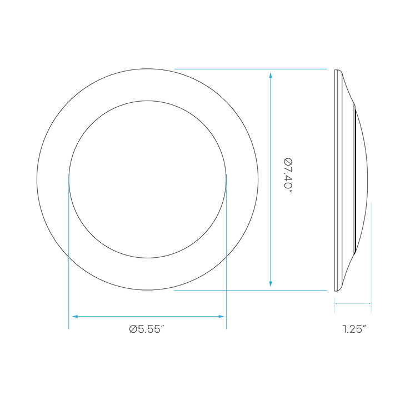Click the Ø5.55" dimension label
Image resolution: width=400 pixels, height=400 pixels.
pos(146,329)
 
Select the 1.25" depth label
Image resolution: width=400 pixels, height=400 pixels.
pos(354,329)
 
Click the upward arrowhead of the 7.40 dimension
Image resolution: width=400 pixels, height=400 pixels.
pos(271,75)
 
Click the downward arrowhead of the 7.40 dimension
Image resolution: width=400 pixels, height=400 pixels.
pos(271,284)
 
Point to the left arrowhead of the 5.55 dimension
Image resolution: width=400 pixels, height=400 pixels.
pos(75,316)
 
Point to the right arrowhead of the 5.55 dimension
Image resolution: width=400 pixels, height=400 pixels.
pos(221,316)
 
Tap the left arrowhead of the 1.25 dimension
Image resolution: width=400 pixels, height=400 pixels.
pos(337,303)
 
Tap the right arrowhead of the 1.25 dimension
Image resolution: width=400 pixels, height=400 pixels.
pos(369,303)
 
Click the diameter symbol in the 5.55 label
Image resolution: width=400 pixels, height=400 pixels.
pos(133,329)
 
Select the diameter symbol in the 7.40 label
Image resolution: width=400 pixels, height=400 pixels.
pos(288,162)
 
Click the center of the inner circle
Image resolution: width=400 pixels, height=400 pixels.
pos(147,179)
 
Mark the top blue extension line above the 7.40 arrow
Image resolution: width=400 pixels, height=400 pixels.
pos(251,69)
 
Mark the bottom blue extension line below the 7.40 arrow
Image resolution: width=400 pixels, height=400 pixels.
pos(251,290)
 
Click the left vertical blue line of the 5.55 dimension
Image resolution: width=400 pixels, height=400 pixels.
pos(69,252)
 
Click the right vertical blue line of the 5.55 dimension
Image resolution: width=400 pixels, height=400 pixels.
pos(226,252)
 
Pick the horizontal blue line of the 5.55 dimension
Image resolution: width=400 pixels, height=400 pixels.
pos(148,316)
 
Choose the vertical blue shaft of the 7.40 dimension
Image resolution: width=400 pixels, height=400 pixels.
pos(271,179)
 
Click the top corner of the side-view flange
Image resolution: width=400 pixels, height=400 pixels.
pos(335,69)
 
